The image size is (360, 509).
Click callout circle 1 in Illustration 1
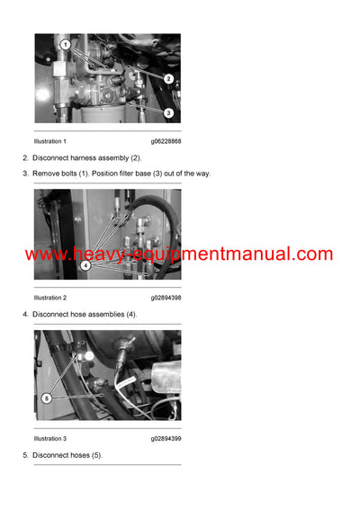[65, 44]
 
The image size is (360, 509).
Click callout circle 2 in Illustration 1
[168, 78]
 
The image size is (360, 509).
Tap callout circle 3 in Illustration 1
[168, 112]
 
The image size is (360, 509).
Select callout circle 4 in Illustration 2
[85, 265]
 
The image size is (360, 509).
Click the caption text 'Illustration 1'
[50, 141]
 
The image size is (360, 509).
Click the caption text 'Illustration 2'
[50, 297]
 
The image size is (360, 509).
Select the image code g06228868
[166, 141]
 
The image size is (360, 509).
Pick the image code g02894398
[166, 297]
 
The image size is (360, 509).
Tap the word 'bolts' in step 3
[72, 173]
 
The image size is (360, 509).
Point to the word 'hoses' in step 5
[76, 455]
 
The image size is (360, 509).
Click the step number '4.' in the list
[25, 314]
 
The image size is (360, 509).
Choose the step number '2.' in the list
[25, 157]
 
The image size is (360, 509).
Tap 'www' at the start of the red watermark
[43, 254]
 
